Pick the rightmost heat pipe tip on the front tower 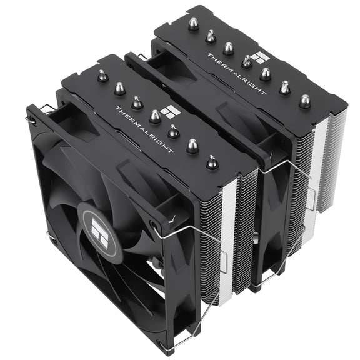click(x=212, y=162)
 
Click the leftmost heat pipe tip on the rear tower click(x=194, y=24)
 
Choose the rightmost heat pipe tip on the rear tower click(x=304, y=99)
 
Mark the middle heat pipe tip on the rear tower click(x=247, y=61)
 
